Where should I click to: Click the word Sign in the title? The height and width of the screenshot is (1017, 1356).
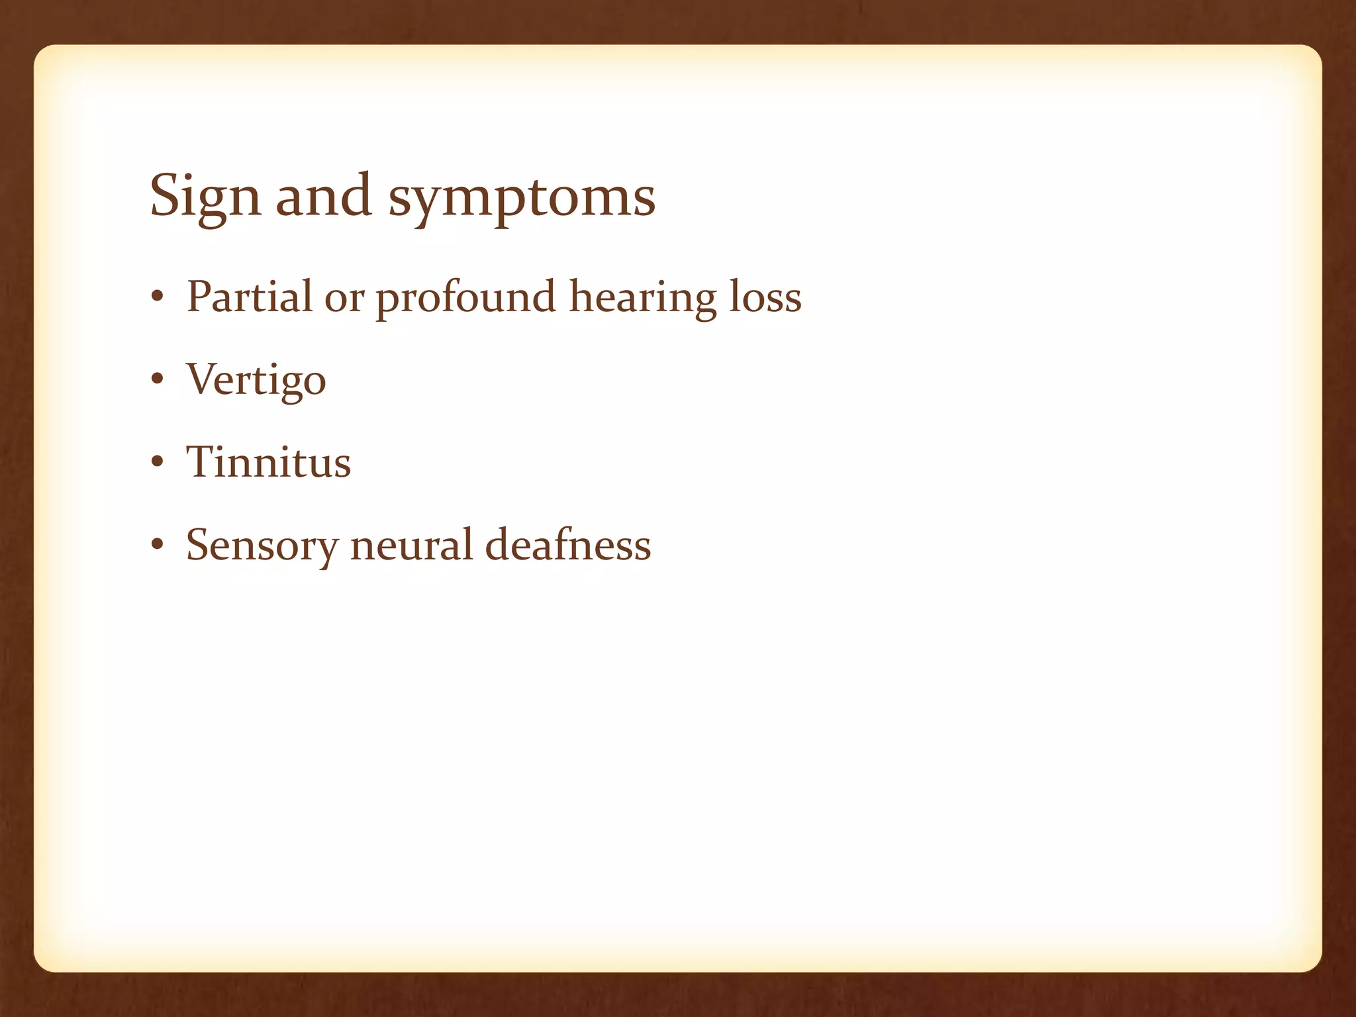click(205, 197)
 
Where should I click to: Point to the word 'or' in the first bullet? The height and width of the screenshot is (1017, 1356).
click(344, 298)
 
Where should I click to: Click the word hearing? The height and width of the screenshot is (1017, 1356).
click(642, 298)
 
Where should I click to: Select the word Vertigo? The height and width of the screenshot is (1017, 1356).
click(256, 380)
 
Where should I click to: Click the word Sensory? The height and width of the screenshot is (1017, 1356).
click(262, 546)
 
